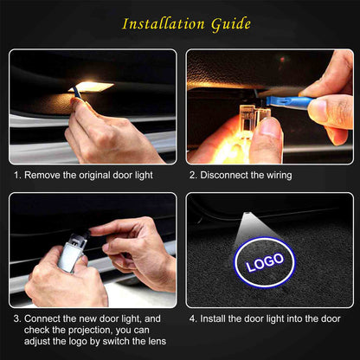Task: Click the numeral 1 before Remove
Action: (16, 175)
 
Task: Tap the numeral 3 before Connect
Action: (16, 318)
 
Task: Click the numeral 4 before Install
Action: (192, 318)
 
